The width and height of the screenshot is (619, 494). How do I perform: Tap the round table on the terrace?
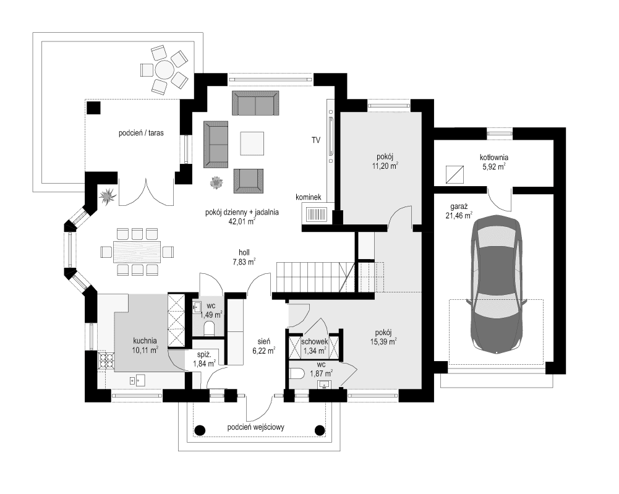164,69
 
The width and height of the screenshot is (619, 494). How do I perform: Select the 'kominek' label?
310,197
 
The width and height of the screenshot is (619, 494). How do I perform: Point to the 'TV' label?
316,142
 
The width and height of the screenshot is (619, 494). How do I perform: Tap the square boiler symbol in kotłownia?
455,175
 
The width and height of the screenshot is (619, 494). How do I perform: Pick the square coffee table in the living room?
252,143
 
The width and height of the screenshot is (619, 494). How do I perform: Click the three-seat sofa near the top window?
254,103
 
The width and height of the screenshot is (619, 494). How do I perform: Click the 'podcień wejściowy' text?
256,427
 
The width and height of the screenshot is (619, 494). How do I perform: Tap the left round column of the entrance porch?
199,430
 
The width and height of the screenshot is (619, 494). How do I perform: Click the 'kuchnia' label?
145,340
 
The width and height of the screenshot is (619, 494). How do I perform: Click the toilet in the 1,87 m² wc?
297,373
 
